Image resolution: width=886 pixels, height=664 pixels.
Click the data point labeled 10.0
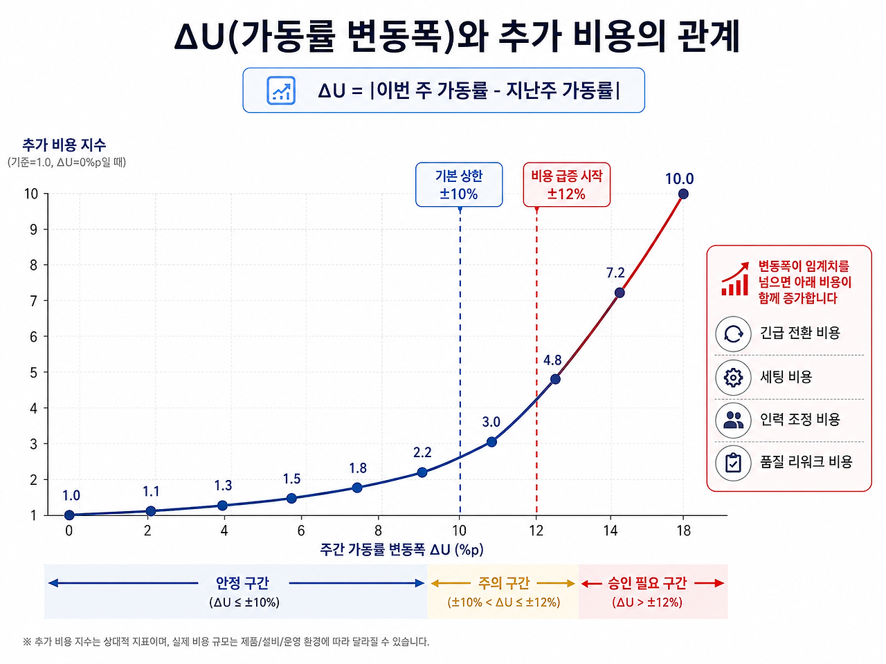[x=683, y=194]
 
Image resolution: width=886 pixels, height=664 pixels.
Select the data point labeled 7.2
[x=620, y=293]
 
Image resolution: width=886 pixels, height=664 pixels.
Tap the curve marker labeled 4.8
[x=555, y=379]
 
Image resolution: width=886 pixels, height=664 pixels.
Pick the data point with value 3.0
[x=491, y=442]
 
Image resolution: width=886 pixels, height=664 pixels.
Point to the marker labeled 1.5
[x=291, y=498]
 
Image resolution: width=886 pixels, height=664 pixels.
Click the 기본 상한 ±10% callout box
[x=459, y=185]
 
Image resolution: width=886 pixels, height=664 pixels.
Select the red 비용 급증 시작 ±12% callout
[x=567, y=185]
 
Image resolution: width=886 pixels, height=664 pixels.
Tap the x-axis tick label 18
[x=684, y=531]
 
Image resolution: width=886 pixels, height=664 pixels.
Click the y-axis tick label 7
[x=33, y=301]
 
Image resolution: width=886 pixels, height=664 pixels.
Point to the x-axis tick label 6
[x=301, y=531]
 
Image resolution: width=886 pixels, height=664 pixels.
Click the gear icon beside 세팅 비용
[x=733, y=378]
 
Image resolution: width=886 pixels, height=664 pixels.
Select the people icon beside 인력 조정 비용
[x=733, y=420]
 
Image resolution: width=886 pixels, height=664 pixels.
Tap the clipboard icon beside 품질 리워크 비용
[x=733, y=463]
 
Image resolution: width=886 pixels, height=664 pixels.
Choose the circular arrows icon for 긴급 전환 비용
[x=733, y=334]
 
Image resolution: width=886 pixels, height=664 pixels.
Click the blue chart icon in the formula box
[x=281, y=91]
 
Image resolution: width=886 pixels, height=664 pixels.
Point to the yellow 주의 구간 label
[x=503, y=583]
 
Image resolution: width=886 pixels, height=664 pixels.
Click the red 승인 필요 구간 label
[x=647, y=583]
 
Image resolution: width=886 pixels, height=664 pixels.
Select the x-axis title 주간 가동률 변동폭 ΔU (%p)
[x=401, y=549]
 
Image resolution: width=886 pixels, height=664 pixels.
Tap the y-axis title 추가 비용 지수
[x=64, y=145]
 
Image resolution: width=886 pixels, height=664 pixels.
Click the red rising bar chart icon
[x=734, y=279]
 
